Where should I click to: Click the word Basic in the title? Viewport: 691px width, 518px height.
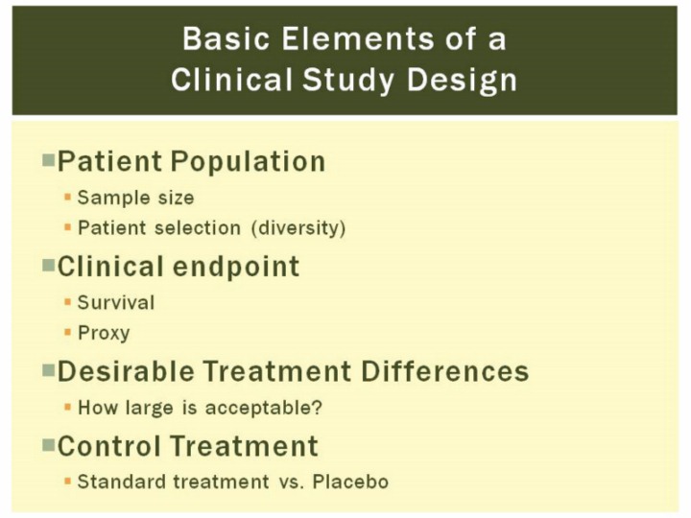[226, 38]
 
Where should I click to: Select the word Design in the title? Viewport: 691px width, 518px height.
[462, 81]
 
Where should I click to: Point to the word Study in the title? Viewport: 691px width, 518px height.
[348, 81]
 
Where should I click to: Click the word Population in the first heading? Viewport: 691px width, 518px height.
[249, 162]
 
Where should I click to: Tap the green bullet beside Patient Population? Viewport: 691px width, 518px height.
[49, 159]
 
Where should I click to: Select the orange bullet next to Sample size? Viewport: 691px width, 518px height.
[67, 197]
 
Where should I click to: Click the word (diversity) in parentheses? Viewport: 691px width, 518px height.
[298, 228]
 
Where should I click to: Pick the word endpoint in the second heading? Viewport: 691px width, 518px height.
[236, 268]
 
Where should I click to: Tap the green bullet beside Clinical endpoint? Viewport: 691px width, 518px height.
[49, 265]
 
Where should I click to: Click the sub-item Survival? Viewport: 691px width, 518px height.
[116, 302]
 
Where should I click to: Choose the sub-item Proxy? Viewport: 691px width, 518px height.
[104, 334]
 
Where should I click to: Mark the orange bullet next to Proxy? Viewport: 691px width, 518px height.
[67, 332]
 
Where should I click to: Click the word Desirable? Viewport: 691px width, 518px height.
[126, 371]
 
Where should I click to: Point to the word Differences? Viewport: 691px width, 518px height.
[445, 371]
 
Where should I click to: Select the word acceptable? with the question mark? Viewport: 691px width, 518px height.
[264, 408]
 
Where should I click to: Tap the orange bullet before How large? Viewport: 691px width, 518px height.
[67, 407]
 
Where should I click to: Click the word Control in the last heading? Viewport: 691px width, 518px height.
[108, 446]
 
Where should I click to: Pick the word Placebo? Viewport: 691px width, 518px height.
[351, 482]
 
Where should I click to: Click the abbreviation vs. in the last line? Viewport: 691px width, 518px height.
[292, 483]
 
